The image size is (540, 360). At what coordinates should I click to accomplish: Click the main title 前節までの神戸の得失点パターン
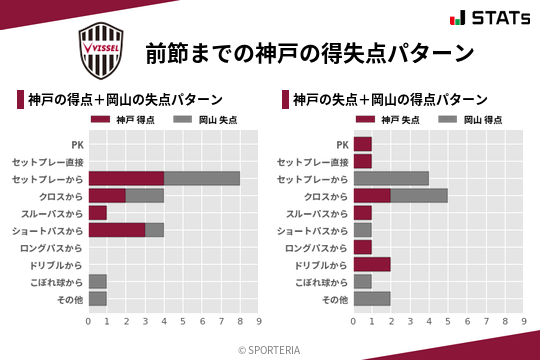tap(309, 52)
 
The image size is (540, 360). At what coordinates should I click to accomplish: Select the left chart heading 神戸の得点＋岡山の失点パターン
tap(125, 99)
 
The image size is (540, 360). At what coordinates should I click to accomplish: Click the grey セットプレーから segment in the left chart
tap(202, 178)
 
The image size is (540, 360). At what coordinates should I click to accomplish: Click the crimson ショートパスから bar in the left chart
tap(117, 230)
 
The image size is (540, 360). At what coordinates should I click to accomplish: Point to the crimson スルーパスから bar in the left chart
tap(98, 213)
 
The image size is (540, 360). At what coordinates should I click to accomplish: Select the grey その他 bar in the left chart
tap(98, 299)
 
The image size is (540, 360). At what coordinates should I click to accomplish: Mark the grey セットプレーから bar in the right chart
tap(391, 178)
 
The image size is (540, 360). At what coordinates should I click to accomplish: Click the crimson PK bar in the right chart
tap(362, 144)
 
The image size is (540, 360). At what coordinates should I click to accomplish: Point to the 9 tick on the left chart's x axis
tap(259, 322)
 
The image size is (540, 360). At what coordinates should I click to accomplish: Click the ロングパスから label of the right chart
tap(317, 247)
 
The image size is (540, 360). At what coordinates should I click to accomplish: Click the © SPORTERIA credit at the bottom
tap(270, 349)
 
